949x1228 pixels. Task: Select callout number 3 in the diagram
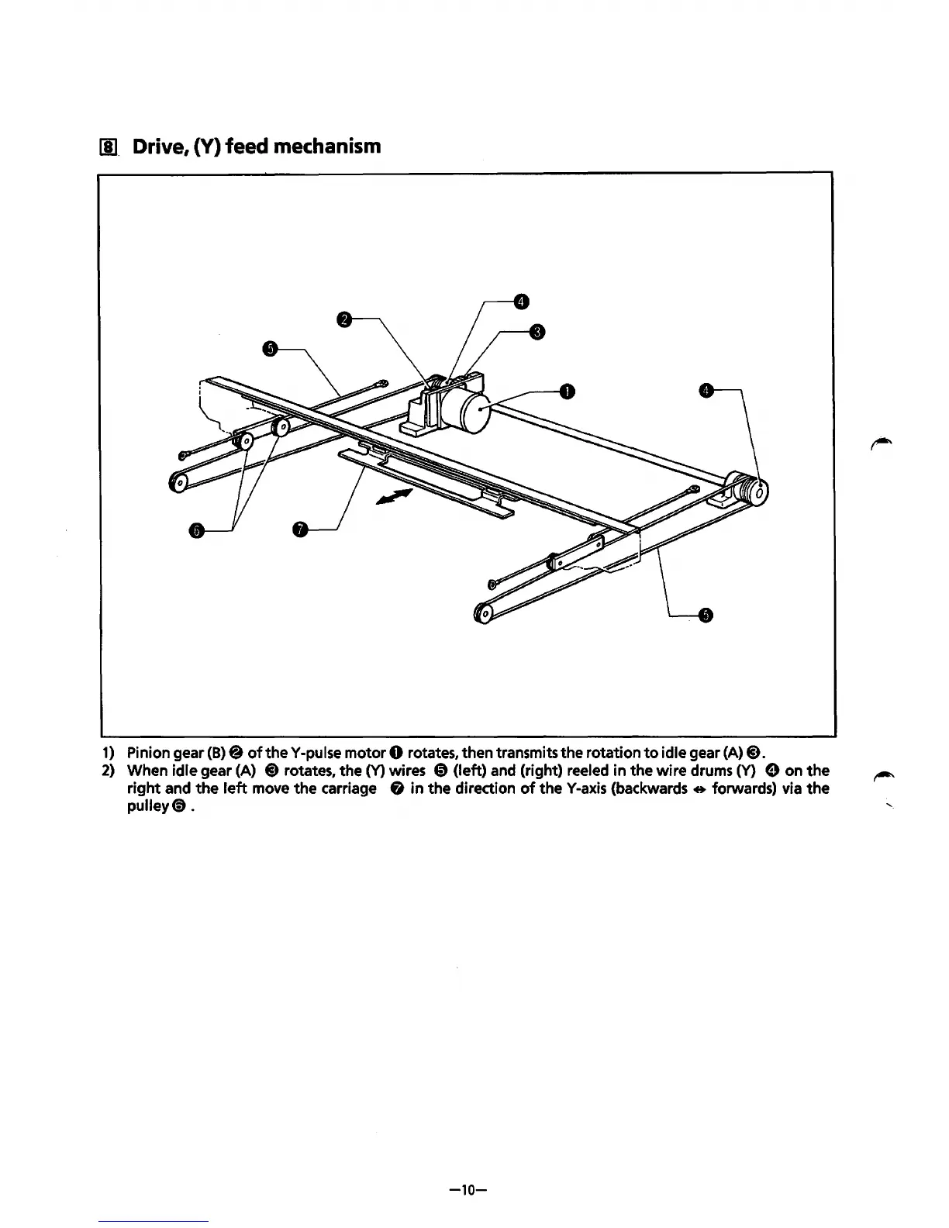[x=535, y=333]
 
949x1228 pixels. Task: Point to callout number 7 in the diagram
[x=300, y=530]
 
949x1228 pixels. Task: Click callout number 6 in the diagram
[x=196, y=530]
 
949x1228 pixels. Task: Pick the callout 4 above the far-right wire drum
[x=705, y=391]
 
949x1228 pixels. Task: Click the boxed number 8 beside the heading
[x=109, y=147]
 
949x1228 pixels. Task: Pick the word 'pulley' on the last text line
[x=147, y=807]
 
